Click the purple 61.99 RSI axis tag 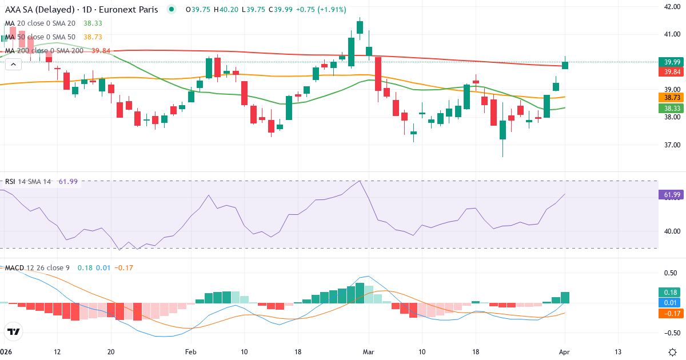coord(671,195)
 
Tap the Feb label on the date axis coord(191,352)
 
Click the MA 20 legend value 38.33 coord(93,23)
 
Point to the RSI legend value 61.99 coord(68,182)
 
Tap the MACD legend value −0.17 coord(123,268)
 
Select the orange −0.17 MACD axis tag coord(669,313)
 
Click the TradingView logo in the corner coord(14,331)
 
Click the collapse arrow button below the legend coord(13,65)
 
